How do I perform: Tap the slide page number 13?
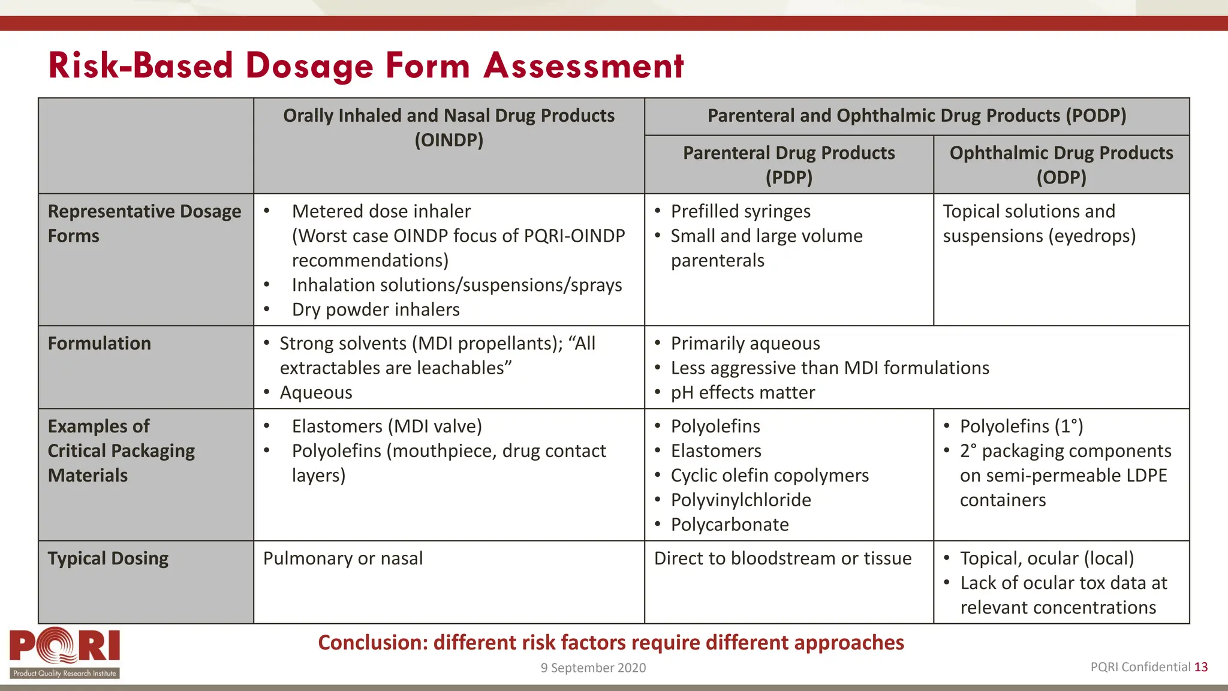1201,667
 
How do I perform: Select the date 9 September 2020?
593,668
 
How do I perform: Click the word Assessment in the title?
583,65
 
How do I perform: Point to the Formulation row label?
100,344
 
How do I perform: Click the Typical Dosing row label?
108,558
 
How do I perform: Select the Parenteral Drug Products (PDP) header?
788,164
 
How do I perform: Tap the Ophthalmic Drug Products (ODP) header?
1061,164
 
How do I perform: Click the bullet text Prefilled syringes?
740,211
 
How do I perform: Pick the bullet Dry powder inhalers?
375,310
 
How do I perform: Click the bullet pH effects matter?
742,392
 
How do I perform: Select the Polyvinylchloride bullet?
741,500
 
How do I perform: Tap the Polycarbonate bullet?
729,524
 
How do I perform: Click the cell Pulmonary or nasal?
343,558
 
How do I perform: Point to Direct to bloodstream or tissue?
782,558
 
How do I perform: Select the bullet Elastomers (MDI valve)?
387,426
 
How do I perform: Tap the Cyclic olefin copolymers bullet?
769,475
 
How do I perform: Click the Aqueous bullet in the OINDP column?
316,392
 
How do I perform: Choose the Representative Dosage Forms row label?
144,223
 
